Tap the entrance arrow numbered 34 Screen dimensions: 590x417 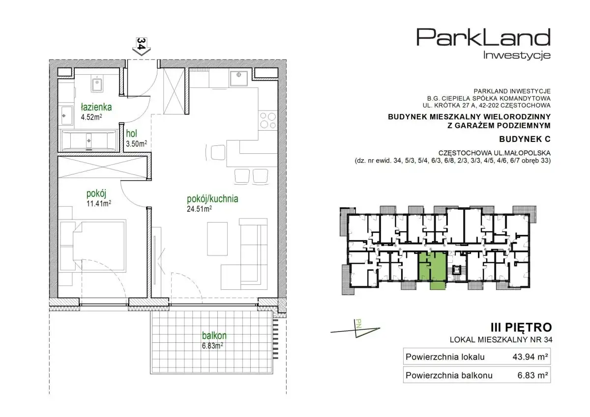[142, 46]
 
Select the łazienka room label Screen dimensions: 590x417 [96, 107]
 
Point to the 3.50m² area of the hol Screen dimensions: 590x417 [136, 143]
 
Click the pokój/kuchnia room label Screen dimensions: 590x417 [212, 199]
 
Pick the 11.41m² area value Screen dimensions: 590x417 [99, 203]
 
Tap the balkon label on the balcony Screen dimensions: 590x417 [214, 335]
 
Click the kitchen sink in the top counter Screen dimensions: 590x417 [238, 78]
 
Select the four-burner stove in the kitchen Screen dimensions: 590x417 [268, 120]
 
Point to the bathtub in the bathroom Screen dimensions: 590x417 [88, 140]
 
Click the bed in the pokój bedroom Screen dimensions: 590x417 [93, 246]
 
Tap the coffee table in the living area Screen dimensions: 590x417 [217, 239]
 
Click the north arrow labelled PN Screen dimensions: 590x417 [355, 330]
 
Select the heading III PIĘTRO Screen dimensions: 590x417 [521, 327]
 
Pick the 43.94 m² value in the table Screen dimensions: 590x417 [530, 357]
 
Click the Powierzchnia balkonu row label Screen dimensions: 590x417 [449, 375]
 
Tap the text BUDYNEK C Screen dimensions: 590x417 [525, 139]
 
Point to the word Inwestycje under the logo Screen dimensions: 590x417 [517, 55]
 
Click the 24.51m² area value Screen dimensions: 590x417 [200, 209]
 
